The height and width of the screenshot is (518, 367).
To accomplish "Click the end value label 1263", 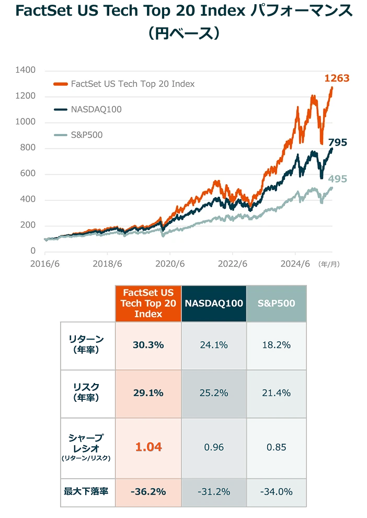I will click(336, 78).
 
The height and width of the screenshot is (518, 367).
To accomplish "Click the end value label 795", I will click(337, 142).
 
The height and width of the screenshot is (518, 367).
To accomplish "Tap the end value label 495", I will click(337, 179).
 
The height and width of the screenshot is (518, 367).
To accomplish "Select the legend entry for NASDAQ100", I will click(88, 109).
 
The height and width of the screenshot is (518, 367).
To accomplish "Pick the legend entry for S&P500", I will click(86, 135).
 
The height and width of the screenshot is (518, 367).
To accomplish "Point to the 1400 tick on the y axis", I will click(26, 70).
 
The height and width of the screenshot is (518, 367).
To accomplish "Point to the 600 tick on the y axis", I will click(28, 174).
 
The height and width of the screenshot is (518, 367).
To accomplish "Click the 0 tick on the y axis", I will click(32, 251).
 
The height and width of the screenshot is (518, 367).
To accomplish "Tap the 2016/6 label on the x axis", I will click(45, 264).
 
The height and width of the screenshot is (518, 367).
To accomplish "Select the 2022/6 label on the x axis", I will click(232, 264).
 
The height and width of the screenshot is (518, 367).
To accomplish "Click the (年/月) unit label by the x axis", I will click(329, 264).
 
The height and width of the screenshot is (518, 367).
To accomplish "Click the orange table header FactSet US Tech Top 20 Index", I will click(148, 303).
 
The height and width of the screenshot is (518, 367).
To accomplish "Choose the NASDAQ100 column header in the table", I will click(214, 303).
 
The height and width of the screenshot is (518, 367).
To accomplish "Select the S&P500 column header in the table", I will click(276, 303).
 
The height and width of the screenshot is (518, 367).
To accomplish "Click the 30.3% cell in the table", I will click(148, 345).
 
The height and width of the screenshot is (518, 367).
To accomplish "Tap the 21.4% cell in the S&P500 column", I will click(276, 393).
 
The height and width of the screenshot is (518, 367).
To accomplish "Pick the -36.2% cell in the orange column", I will click(148, 492).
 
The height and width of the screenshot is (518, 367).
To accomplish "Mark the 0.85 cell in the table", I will click(276, 447).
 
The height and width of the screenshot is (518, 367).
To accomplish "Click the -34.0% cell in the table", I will click(276, 492).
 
